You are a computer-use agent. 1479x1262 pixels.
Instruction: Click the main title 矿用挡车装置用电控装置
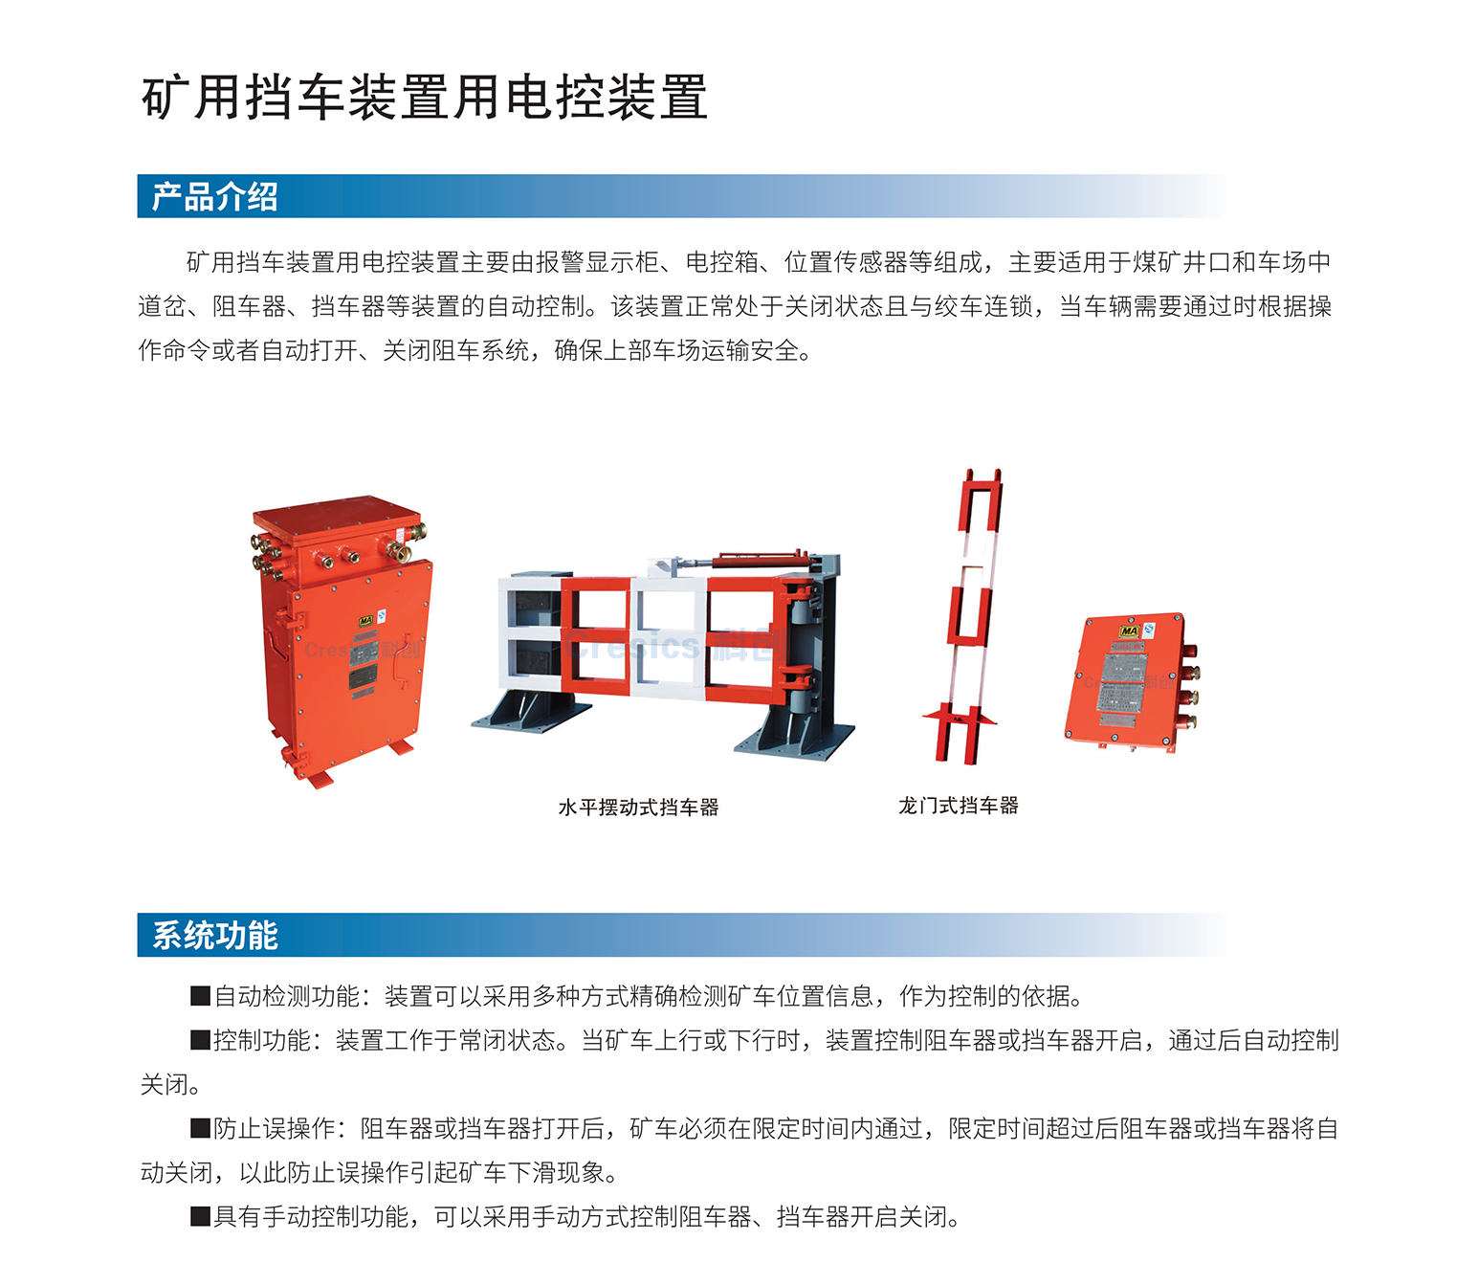tap(424, 98)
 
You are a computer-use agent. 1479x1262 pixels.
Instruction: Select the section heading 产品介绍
tap(214, 196)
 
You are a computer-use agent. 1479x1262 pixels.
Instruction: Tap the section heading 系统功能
tap(214, 935)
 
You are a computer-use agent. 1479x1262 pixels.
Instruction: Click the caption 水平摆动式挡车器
tap(638, 808)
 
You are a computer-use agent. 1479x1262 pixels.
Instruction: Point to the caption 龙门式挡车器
tap(958, 806)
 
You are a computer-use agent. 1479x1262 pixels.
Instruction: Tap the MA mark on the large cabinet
tap(365, 622)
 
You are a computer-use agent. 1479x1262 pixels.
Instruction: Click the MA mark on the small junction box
tap(1129, 631)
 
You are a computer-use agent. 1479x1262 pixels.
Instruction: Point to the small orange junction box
tap(1129, 681)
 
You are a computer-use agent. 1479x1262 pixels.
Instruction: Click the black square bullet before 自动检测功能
tap(200, 997)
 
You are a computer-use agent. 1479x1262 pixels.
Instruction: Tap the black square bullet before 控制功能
tap(200, 1041)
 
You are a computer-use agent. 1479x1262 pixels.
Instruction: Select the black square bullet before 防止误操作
tap(200, 1129)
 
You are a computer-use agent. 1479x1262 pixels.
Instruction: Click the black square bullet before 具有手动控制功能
tap(200, 1217)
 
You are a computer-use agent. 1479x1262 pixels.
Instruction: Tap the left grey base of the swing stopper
tap(532, 713)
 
